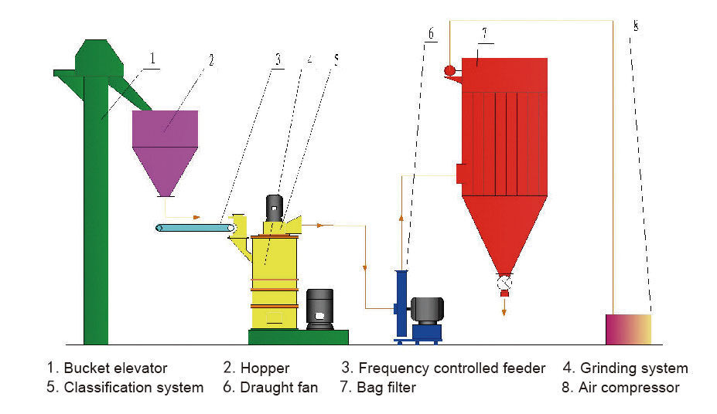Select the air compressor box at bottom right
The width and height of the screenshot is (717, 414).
628,329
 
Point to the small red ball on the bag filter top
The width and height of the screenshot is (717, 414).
449,71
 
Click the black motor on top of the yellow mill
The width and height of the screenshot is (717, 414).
275,207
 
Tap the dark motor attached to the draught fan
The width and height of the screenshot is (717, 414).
426,310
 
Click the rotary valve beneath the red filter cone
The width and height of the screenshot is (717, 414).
504,283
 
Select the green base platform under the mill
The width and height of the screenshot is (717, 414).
298,337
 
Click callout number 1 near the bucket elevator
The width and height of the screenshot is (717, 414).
153,57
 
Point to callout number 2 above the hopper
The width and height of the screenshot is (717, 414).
210,57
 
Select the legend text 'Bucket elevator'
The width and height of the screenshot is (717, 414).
115,368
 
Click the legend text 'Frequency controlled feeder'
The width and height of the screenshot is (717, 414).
452,368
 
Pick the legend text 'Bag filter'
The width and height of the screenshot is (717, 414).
387,388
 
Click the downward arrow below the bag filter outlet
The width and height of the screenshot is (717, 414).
504,307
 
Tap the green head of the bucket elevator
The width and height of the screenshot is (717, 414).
97,58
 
